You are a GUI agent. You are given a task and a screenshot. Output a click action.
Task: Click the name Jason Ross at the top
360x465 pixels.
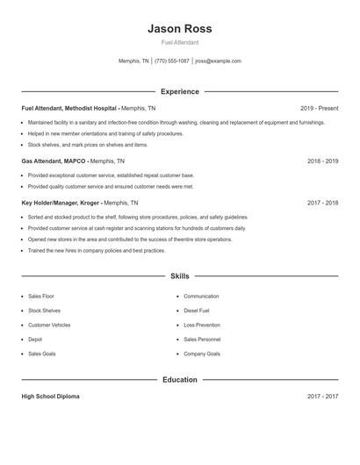tap(180, 28)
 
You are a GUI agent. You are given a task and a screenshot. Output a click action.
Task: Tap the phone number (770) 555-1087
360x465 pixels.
tap(173, 61)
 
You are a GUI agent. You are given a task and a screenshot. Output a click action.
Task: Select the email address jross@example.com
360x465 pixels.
tap(218, 61)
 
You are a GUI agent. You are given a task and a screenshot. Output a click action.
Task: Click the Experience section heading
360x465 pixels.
tap(180, 91)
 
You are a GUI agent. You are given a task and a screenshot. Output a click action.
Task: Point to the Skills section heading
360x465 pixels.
tap(180, 275)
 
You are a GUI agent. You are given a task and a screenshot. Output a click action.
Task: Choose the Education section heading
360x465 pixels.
tap(180, 380)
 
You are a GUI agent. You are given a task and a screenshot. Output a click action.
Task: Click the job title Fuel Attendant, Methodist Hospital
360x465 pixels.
tap(69, 108)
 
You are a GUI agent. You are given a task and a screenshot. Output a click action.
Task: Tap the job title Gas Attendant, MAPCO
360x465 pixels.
tap(54, 161)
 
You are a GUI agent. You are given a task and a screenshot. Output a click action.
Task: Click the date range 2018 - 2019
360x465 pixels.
tap(322, 161)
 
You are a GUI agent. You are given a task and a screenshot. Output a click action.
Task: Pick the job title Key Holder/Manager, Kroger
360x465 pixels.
tap(61, 202)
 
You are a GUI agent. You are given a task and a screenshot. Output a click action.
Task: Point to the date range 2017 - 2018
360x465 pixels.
tap(322, 202)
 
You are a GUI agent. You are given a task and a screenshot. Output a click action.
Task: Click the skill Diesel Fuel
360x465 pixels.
tap(197, 311)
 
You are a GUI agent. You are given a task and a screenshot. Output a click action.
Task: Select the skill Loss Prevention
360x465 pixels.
tap(202, 325)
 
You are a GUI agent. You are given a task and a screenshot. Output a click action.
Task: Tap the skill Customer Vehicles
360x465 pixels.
tap(49, 325)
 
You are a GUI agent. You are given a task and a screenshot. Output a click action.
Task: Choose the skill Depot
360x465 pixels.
tap(35, 339)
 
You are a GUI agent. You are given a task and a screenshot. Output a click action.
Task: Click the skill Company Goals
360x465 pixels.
tap(202, 354)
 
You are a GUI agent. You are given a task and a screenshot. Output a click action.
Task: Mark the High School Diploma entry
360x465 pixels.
tap(50, 397)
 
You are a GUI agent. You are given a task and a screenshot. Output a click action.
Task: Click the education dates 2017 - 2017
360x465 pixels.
tap(322, 397)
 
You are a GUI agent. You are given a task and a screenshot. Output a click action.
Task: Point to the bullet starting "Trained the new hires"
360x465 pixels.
tap(97, 251)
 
